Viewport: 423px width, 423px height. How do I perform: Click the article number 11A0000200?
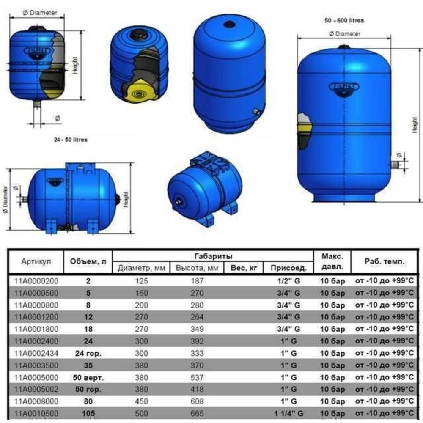tap(36, 280)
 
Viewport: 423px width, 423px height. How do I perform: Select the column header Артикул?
tap(36, 261)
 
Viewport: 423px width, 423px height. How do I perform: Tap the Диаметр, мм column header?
tap(141, 268)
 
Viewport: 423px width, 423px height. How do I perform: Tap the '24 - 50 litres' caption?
tap(71, 139)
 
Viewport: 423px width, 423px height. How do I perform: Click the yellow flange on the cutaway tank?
tap(138, 93)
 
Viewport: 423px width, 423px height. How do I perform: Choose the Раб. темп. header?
tap(384, 261)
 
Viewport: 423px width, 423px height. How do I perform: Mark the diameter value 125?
tap(141, 280)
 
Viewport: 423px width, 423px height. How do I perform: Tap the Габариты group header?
tap(213, 256)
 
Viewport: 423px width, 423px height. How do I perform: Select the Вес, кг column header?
tap(244, 268)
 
